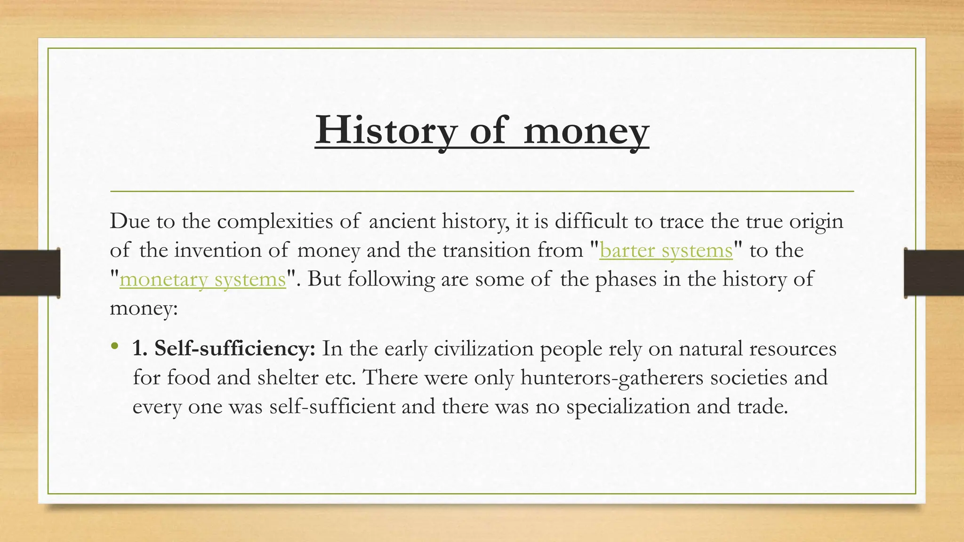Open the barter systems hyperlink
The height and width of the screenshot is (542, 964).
tap(666, 250)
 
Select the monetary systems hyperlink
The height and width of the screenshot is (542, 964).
tap(203, 279)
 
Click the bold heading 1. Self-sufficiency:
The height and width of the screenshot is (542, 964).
tap(224, 349)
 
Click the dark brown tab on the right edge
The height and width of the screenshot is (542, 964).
tap(934, 273)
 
